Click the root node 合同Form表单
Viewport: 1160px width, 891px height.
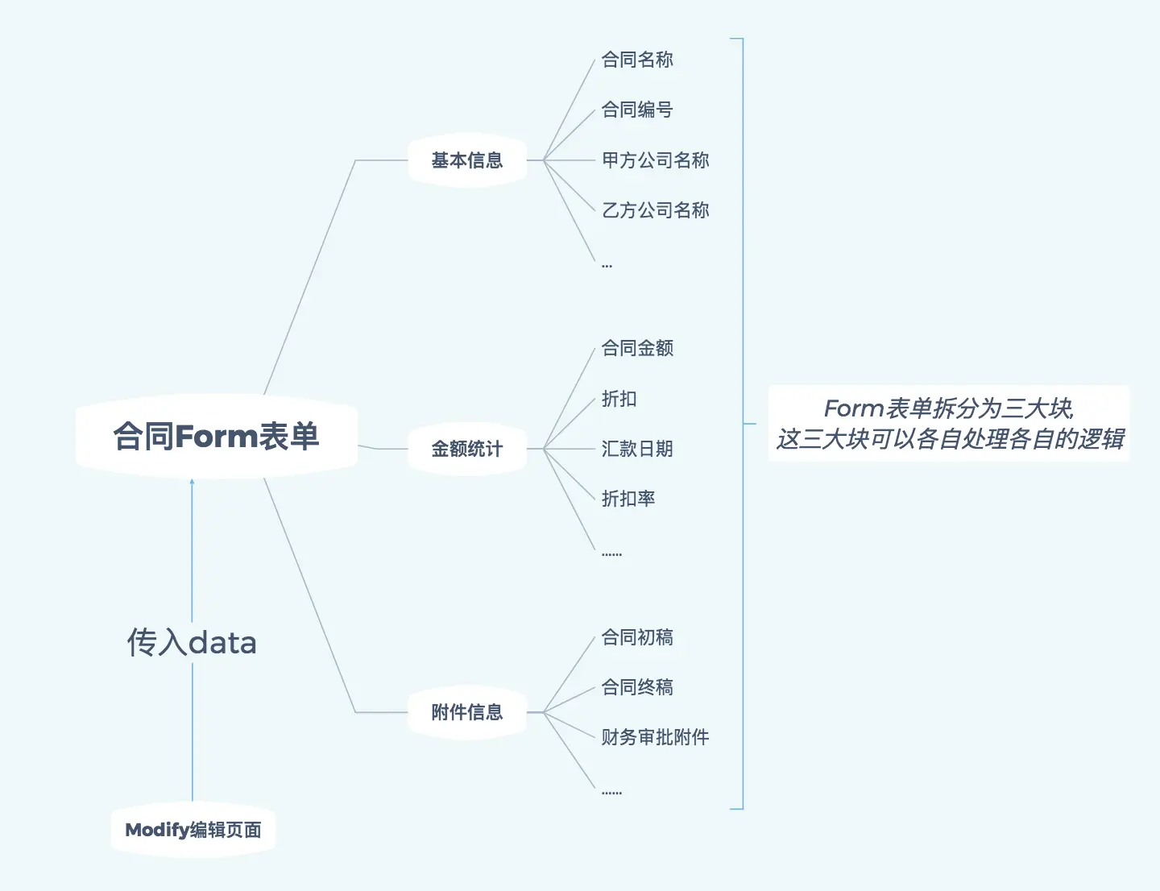pyautogui.click(x=216, y=437)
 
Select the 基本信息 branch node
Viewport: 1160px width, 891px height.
pyautogui.click(x=466, y=160)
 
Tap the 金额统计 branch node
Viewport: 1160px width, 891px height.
pyautogui.click(x=466, y=449)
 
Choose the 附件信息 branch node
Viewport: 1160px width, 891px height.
pyautogui.click(x=466, y=712)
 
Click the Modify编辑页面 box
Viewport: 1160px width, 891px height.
pyautogui.click(x=193, y=830)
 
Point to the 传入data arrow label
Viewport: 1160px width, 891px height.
pyautogui.click(x=192, y=643)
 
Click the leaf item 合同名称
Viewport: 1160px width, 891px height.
pyautogui.click(x=637, y=60)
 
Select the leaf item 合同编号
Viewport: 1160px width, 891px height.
pyautogui.click(x=637, y=110)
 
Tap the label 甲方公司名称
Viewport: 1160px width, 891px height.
pyautogui.click(x=655, y=160)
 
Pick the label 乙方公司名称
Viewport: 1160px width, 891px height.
pyautogui.click(x=655, y=210)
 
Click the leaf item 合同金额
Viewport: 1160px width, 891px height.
pyautogui.click(x=637, y=348)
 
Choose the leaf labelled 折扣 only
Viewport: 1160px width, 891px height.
pyautogui.click(x=619, y=399)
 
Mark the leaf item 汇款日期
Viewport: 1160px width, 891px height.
pyautogui.click(x=637, y=449)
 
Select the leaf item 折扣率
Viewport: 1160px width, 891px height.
pyautogui.click(x=628, y=499)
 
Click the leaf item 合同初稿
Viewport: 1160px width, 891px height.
pyautogui.click(x=637, y=637)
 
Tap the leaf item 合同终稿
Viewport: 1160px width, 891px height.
pyautogui.click(x=637, y=687)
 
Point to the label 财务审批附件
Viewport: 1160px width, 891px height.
pyautogui.click(x=655, y=737)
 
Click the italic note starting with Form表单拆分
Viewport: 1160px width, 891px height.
pyautogui.click(x=949, y=424)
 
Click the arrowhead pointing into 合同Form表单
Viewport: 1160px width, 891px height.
pyautogui.click(x=192, y=483)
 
